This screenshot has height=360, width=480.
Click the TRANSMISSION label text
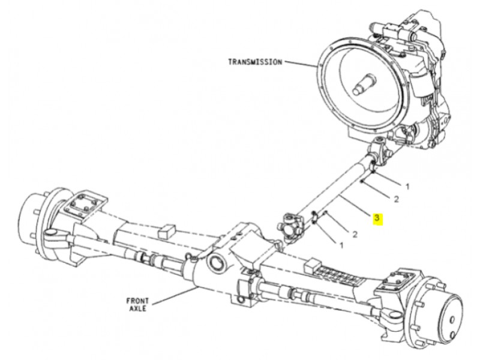click(x=255, y=62)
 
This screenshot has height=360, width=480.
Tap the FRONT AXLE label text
click(x=137, y=305)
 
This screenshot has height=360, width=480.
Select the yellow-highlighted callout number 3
click(x=377, y=218)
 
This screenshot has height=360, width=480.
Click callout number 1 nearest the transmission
click(x=407, y=186)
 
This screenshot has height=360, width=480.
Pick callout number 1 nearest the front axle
click(x=341, y=245)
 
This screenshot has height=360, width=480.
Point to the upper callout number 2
click(x=396, y=199)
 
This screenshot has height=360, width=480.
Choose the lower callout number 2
click(x=355, y=235)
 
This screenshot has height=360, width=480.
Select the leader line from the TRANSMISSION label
click(x=301, y=64)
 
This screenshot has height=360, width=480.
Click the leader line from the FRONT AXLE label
click(x=175, y=296)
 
